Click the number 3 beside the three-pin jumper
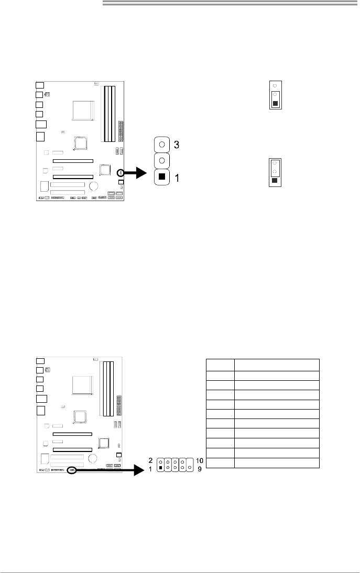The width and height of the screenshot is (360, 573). point(176,145)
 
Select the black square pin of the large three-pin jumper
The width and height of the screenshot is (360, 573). point(162,177)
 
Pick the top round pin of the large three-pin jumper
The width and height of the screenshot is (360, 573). point(162,145)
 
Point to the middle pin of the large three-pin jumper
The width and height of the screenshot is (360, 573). point(162,160)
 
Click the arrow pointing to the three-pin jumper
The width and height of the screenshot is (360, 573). point(136,172)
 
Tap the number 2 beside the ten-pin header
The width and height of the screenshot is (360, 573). point(150,461)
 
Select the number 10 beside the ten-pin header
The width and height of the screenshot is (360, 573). point(200,461)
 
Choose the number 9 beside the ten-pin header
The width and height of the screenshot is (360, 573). point(200,469)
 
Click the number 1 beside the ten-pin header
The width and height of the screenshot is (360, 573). point(150,469)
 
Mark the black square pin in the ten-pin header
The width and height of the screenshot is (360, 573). point(161,468)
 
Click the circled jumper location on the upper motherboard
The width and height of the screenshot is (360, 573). point(120,172)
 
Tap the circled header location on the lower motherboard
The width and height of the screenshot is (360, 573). point(72,469)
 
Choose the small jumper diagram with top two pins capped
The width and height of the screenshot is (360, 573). point(275,172)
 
